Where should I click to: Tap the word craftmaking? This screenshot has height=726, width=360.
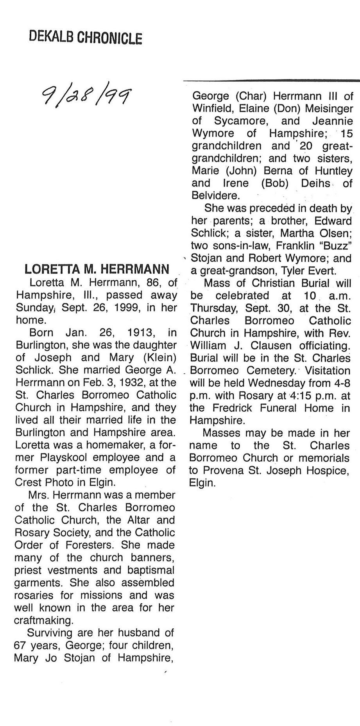coord(43,620)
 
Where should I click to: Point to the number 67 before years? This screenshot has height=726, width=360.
coord(20,645)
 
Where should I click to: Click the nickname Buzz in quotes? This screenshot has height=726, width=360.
coord(339,246)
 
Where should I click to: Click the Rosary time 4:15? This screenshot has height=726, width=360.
coord(302,396)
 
